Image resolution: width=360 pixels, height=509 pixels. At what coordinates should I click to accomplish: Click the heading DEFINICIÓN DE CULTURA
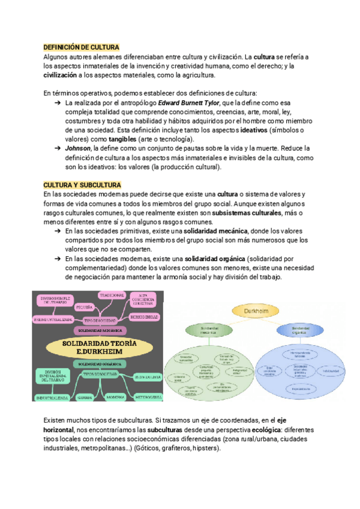coord(82,47)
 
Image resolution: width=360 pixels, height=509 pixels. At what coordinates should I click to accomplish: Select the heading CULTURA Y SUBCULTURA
coord(82,185)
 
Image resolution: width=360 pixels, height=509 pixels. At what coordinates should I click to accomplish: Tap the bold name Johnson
coord(78,148)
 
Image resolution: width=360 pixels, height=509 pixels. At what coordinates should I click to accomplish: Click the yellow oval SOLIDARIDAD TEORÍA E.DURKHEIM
coord(97,346)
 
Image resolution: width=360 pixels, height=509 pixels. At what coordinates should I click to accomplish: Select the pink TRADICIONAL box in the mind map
coord(112,296)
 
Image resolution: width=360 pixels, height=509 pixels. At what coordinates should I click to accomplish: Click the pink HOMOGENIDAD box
coord(144,316)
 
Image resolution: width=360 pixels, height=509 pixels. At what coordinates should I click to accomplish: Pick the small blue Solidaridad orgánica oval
coord(301,330)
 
